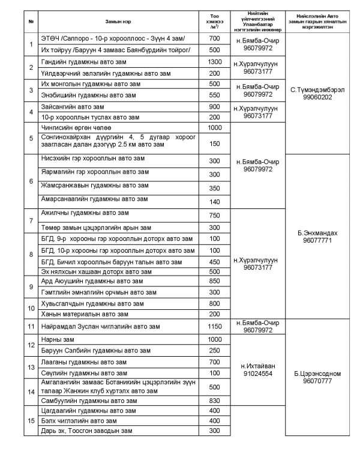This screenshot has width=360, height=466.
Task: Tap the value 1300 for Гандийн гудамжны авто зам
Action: click(x=214, y=62)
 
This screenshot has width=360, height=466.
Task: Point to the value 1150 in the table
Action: click(x=214, y=326)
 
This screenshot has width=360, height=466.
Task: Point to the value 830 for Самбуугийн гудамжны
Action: click(x=214, y=400)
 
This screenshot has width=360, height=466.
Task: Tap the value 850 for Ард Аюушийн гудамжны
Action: click(x=214, y=280)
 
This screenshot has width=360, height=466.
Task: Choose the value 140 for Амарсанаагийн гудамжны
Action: click(x=214, y=201)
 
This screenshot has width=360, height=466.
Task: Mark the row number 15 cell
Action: click(x=31, y=420)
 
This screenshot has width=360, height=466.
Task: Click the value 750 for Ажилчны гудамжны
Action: click(x=214, y=216)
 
